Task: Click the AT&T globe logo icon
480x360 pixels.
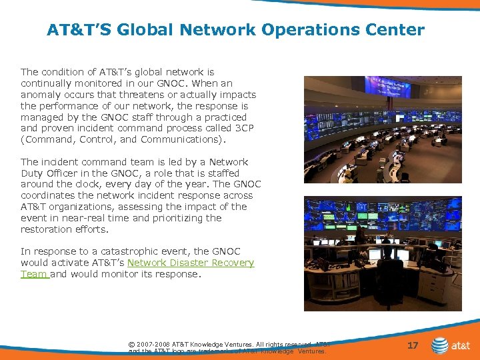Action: point(440,345)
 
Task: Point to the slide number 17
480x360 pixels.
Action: point(413,345)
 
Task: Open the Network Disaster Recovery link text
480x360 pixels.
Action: point(190,263)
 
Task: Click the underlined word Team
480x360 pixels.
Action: point(33,274)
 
